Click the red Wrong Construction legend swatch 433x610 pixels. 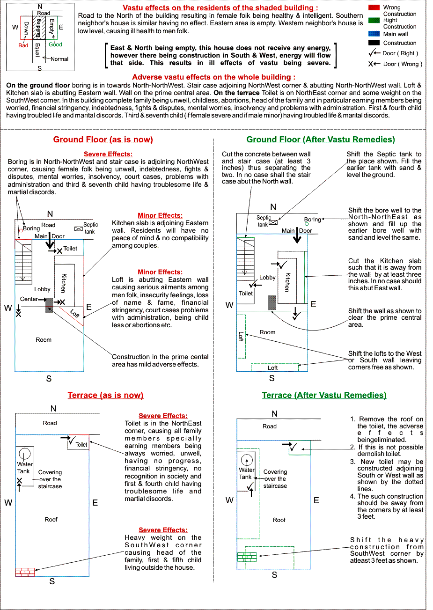(374, 7)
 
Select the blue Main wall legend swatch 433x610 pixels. (374, 34)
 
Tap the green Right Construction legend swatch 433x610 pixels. (374, 20)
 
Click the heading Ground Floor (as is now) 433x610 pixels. (103, 140)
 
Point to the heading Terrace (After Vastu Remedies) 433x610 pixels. (324, 395)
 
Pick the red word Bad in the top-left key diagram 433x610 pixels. (23, 45)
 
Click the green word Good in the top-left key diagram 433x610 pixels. (55, 44)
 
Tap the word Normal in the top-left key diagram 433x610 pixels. (59, 59)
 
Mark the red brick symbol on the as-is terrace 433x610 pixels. (25, 572)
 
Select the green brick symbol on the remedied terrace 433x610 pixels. (247, 557)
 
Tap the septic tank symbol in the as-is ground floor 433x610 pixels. (78, 229)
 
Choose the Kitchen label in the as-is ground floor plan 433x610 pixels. (64, 283)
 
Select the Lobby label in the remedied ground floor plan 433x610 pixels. (267, 278)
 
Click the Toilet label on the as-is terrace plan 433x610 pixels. (81, 445)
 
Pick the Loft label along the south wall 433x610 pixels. (272, 368)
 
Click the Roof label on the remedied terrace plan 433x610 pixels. (279, 520)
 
